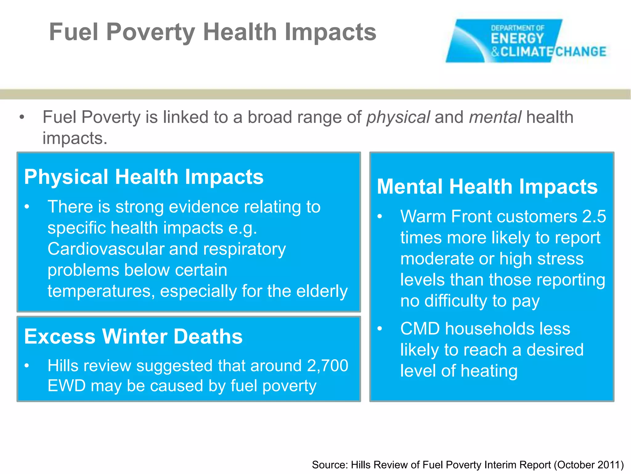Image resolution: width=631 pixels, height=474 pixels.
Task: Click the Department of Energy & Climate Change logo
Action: click(526, 41)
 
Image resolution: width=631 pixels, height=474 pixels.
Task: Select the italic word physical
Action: click(398, 117)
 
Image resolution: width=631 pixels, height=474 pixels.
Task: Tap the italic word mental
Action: click(495, 117)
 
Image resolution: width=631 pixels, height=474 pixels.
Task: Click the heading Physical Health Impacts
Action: click(144, 177)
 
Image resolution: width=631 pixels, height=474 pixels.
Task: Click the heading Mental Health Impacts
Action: click(487, 187)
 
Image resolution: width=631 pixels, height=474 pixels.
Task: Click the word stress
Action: click(560, 259)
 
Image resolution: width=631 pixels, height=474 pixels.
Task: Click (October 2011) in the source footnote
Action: click(589, 465)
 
